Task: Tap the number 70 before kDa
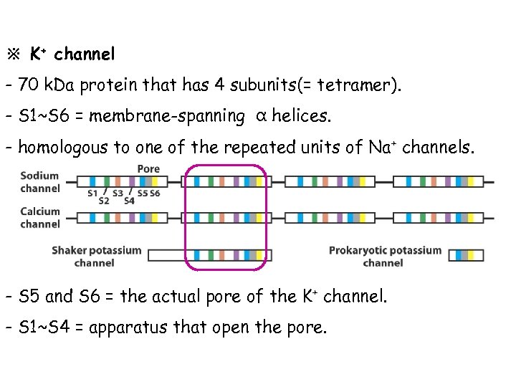tap(29, 86)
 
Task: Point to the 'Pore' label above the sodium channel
tap(148, 169)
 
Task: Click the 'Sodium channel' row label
tap(40, 182)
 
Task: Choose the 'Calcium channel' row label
tap(40, 218)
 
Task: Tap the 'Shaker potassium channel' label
tap(97, 257)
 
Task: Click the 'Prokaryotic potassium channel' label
tap(385, 257)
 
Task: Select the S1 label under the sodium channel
tap(92, 192)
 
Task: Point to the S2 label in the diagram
tap(104, 201)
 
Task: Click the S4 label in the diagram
tap(129, 201)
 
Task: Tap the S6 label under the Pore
tap(155, 192)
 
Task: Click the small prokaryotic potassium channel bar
tap(465, 255)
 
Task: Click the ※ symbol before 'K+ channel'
tap(14, 54)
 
